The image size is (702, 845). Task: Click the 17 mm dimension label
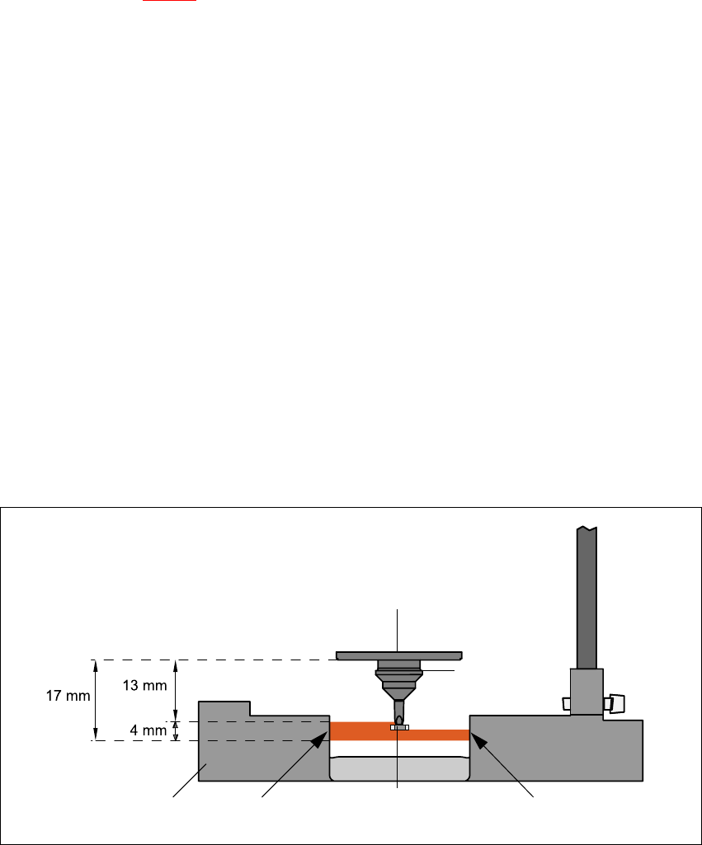(x=67, y=696)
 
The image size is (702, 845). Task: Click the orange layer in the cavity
(x=363, y=731)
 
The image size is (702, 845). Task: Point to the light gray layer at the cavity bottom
(x=399, y=768)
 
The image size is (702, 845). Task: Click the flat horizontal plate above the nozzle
(x=398, y=655)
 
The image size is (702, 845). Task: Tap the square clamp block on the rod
(x=587, y=691)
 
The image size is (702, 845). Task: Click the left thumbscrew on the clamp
(x=565, y=703)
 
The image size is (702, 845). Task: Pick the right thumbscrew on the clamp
(x=615, y=703)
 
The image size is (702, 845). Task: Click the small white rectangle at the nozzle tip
(x=399, y=727)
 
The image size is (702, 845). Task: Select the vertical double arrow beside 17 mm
(x=96, y=699)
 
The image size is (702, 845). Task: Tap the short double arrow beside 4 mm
(x=175, y=731)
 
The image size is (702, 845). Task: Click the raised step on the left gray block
(x=224, y=709)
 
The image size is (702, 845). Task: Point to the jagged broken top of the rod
(x=587, y=528)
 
